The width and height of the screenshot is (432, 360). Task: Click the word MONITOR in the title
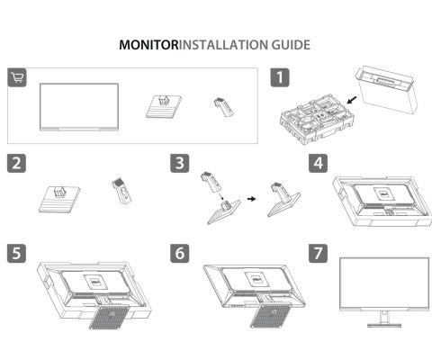pyautogui.click(x=149, y=44)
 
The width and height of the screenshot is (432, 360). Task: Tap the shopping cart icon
pyautogui.click(x=17, y=76)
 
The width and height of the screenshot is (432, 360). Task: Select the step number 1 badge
pyautogui.click(x=282, y=77)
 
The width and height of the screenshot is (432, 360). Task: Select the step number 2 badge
pyautogui.click(x=15, y=165)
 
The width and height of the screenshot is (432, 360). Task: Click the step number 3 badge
pyautogui.click(x=180, y=165)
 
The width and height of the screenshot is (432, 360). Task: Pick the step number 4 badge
pyautogui.click(x=319, y=165)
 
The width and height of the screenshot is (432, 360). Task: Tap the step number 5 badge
pyautogui.click(x=15, y=251)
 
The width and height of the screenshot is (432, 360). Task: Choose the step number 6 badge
pyautogui.click(x=180, y=251)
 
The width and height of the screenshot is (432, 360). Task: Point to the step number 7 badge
pyautogui.click(x=319, y=251)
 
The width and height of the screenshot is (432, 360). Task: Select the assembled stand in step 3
pyautogui.click(x=286, y=192)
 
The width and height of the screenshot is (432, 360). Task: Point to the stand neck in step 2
pyautogui.click(x=119, y=192)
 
